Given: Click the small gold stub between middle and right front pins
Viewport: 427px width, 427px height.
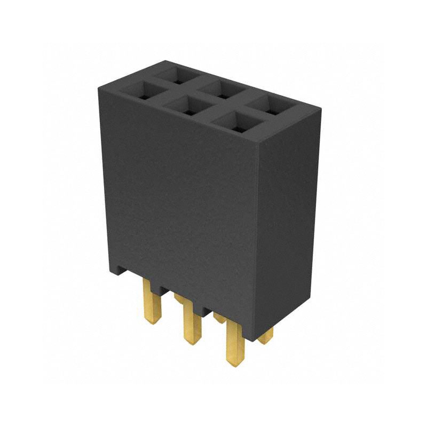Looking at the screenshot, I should click(218, 318).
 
